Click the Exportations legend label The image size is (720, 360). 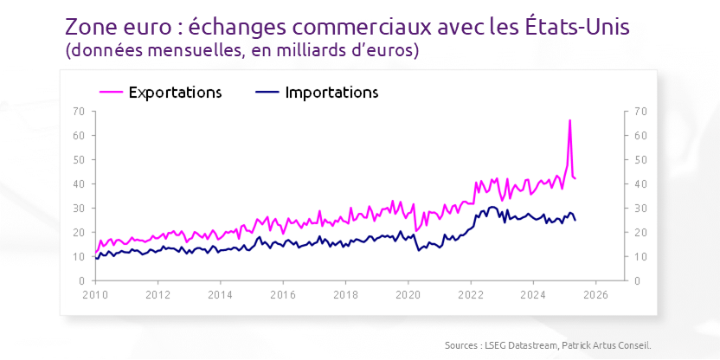coord(176,92)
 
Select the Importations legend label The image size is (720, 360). coord(331,92)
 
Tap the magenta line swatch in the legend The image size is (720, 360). coord(111,92)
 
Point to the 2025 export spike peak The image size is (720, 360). coord(569,120)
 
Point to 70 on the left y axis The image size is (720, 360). coord(78,112)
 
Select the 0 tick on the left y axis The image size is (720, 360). coord(80,281)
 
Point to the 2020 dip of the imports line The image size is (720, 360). coord(419,250)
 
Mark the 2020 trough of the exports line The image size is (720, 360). coord(416,231)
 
